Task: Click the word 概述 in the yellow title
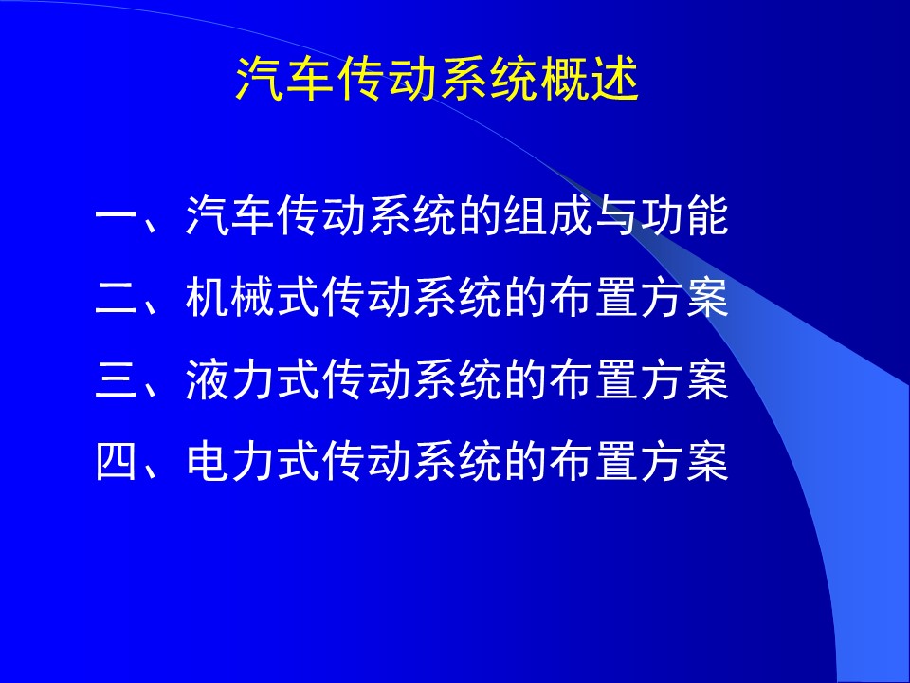590,79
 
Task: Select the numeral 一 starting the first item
116,216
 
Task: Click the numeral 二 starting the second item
116,298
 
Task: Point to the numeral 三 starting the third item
116,379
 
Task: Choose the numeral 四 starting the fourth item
116,461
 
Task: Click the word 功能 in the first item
684,215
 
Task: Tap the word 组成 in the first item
548,215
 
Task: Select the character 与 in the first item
616,215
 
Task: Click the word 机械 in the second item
229,297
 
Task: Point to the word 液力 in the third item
229,379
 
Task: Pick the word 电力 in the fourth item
229,461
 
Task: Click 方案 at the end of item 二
684,297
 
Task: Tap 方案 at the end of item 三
684,379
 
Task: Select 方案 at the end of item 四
684,461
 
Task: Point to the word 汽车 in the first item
229,215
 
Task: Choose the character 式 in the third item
299,379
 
